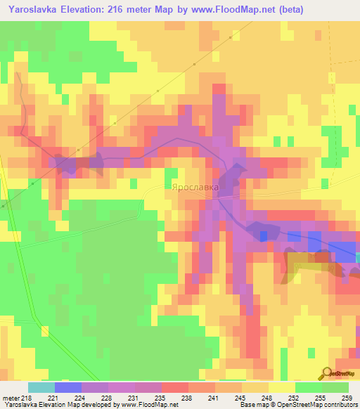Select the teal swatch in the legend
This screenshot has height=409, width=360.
tap(41, 387)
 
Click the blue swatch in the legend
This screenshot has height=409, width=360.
tap(67, 387)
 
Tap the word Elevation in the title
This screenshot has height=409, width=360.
tap(83, 9)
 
